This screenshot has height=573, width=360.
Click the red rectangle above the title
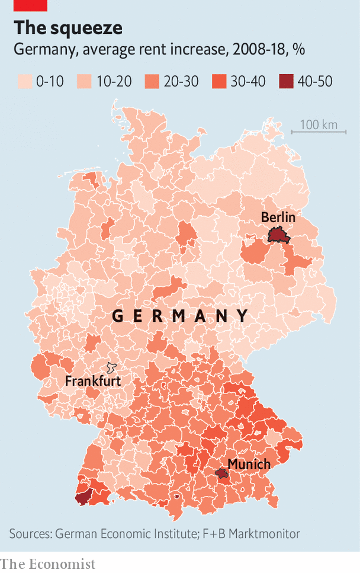click(x=31, y=6)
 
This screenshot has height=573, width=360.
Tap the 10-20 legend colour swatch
click(x=84, y=81)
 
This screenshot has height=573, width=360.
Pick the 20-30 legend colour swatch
click(x=152, y=81)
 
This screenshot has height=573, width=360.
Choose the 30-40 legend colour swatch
click(x=218, y=81)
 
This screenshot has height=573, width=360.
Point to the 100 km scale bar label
click(x=318, y=124)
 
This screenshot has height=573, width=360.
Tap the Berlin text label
click(x=278, y=217)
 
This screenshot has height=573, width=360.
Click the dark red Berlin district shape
click(x=278, y=235)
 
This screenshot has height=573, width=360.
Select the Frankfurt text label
click(x=92, y=380)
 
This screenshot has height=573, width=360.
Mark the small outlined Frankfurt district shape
click(x=111, y=368)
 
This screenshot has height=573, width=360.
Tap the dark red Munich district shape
click(x=222, y=473)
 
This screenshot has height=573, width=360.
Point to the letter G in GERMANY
click(x=118, y=316)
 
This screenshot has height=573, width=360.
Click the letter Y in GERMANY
click(x=243, y=316)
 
